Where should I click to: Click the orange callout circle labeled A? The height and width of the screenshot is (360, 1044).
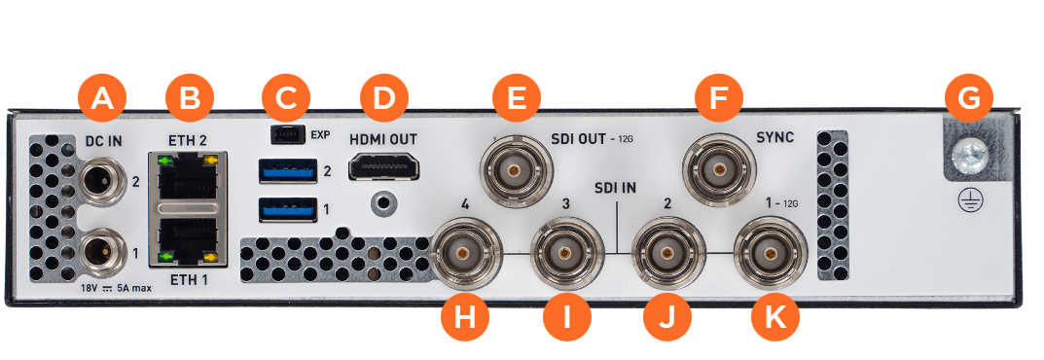pyautogui.click(x=102, y=98)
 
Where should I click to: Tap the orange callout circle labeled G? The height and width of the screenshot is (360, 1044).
pyautogui.click(x=969, y=98)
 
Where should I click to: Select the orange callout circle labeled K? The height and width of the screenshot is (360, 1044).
pyautogui.click(x=775, y=318)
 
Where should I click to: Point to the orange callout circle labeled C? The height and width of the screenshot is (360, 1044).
pyautogui.click(x=286, y=98)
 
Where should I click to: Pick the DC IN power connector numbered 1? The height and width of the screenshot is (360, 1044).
pyautogui.click(x=101, y=252)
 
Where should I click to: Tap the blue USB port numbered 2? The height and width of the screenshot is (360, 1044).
pyautogui.click(x=287, y=170)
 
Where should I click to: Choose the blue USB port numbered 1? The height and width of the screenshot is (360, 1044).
pyautogui.click(x=287, y=209)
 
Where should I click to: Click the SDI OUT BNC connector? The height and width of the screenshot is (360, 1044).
pyautogui.click(x=516, y=170)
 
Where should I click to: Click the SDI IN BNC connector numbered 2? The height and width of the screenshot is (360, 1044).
pyautogui.click(x=667, y=254)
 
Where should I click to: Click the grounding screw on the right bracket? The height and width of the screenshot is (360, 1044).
pyautogui.click(x=969, y=157)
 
